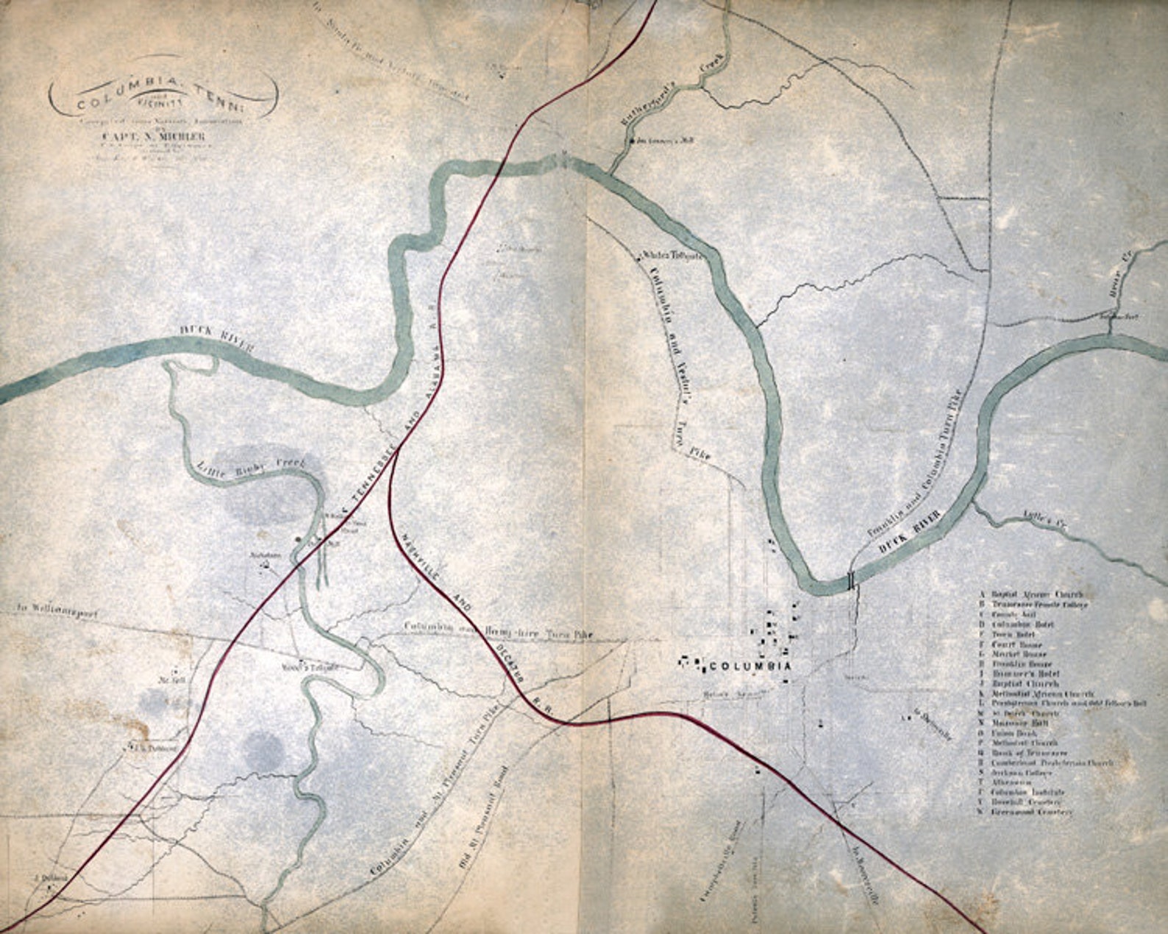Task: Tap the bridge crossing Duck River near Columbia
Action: click(852, 580)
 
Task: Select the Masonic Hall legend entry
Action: click(1019, 723)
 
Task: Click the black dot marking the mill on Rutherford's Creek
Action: click(630, 140)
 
